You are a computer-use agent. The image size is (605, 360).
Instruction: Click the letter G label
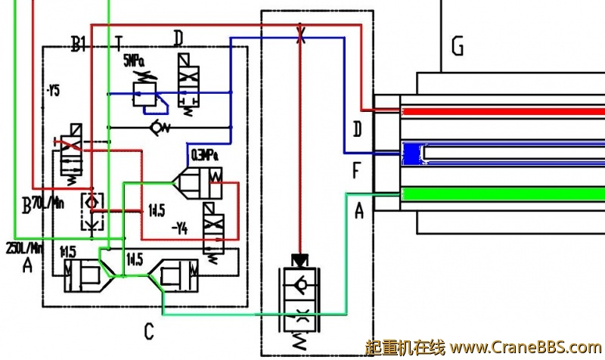(x=457, y=47)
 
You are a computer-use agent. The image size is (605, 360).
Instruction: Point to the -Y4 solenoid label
(x=179, y=226)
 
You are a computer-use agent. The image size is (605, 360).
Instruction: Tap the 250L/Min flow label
(x=22, y=248)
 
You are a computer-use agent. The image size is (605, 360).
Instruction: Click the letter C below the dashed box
(x=149, y=331)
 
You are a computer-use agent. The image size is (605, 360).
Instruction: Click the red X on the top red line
(x=301, y=34)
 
